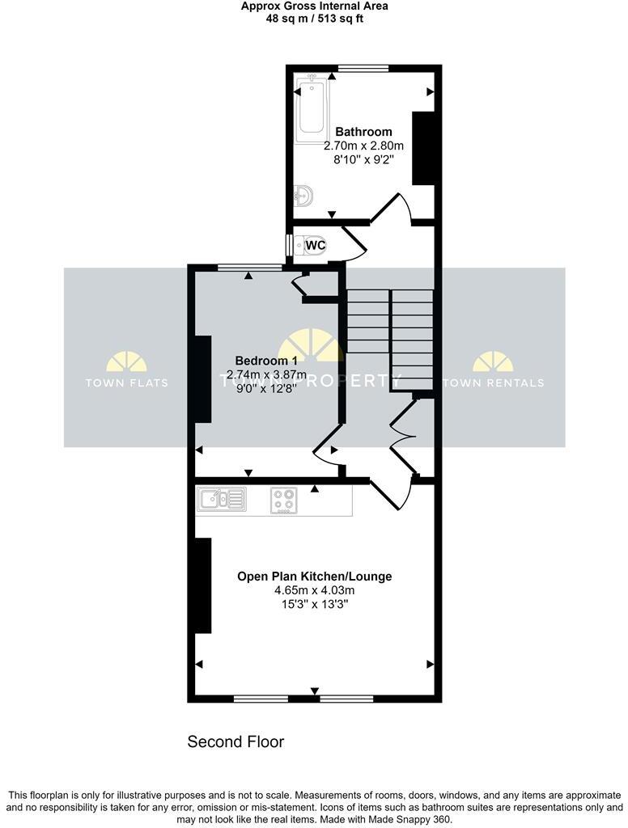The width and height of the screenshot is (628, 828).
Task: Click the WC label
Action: coord(316,244)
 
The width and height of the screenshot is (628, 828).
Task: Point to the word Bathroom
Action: coord(363,132)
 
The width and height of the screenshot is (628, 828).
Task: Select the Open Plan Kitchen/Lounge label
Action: coord(314,577)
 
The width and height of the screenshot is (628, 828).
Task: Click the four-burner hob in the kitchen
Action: coord(283,501)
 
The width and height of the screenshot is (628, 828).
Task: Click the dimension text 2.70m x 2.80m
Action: coord(363,146)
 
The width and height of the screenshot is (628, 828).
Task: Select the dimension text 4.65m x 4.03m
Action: coord(314,591)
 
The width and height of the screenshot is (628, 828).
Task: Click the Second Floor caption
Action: coord(235,741)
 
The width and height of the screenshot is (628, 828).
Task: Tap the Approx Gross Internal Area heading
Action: coord(314,6)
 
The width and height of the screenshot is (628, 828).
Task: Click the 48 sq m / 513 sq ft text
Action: coord(314,19)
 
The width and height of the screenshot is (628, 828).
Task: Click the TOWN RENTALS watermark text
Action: coord(493,382)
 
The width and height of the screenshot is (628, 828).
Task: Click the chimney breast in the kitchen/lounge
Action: coord(202,585)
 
